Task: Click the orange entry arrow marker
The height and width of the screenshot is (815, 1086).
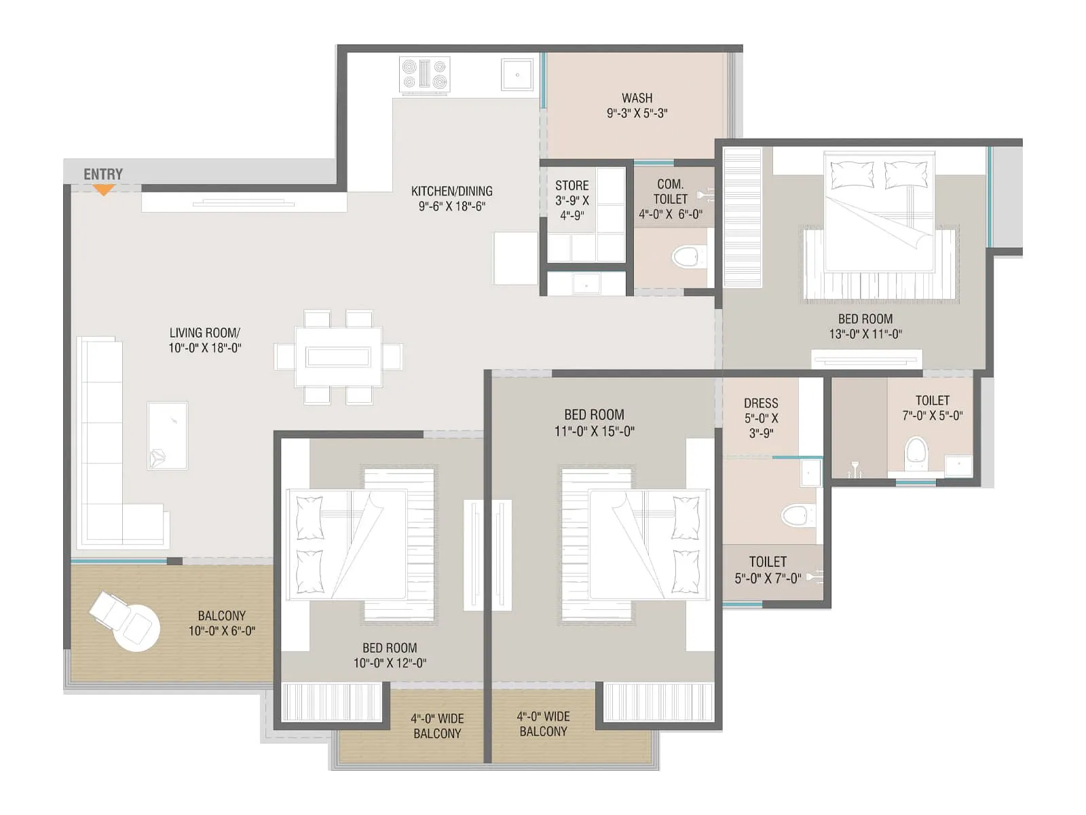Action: coord(103,190)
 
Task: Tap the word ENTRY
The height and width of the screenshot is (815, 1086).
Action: coord(103,174)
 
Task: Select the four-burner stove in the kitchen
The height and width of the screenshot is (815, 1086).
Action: coord(425,75)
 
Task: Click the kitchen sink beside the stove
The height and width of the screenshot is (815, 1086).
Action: coord(517,74)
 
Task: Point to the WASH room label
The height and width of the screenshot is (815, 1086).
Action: coord(637,98)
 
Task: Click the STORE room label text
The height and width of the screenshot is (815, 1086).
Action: coord(572,185)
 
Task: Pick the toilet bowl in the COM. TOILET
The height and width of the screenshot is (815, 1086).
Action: coord(686,257)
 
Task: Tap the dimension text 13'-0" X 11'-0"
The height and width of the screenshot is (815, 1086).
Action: coord(865,334)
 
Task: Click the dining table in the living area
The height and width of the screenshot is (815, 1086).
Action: coord(338,357)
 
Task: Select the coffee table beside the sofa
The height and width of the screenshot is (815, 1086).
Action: coord(168,435)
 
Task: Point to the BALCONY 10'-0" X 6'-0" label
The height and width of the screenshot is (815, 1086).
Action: coord(221,623)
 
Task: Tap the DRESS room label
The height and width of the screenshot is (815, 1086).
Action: coord(761,403)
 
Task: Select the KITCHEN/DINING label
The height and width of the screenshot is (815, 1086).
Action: coord(451,192)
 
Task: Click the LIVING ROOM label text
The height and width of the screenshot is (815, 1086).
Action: coord(204,333)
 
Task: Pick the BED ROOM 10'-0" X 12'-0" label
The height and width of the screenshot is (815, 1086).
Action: coord(390,655)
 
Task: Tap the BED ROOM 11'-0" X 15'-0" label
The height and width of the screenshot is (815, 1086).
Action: coord(594,422)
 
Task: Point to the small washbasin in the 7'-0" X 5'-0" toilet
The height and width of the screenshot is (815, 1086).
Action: coord(958,465)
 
